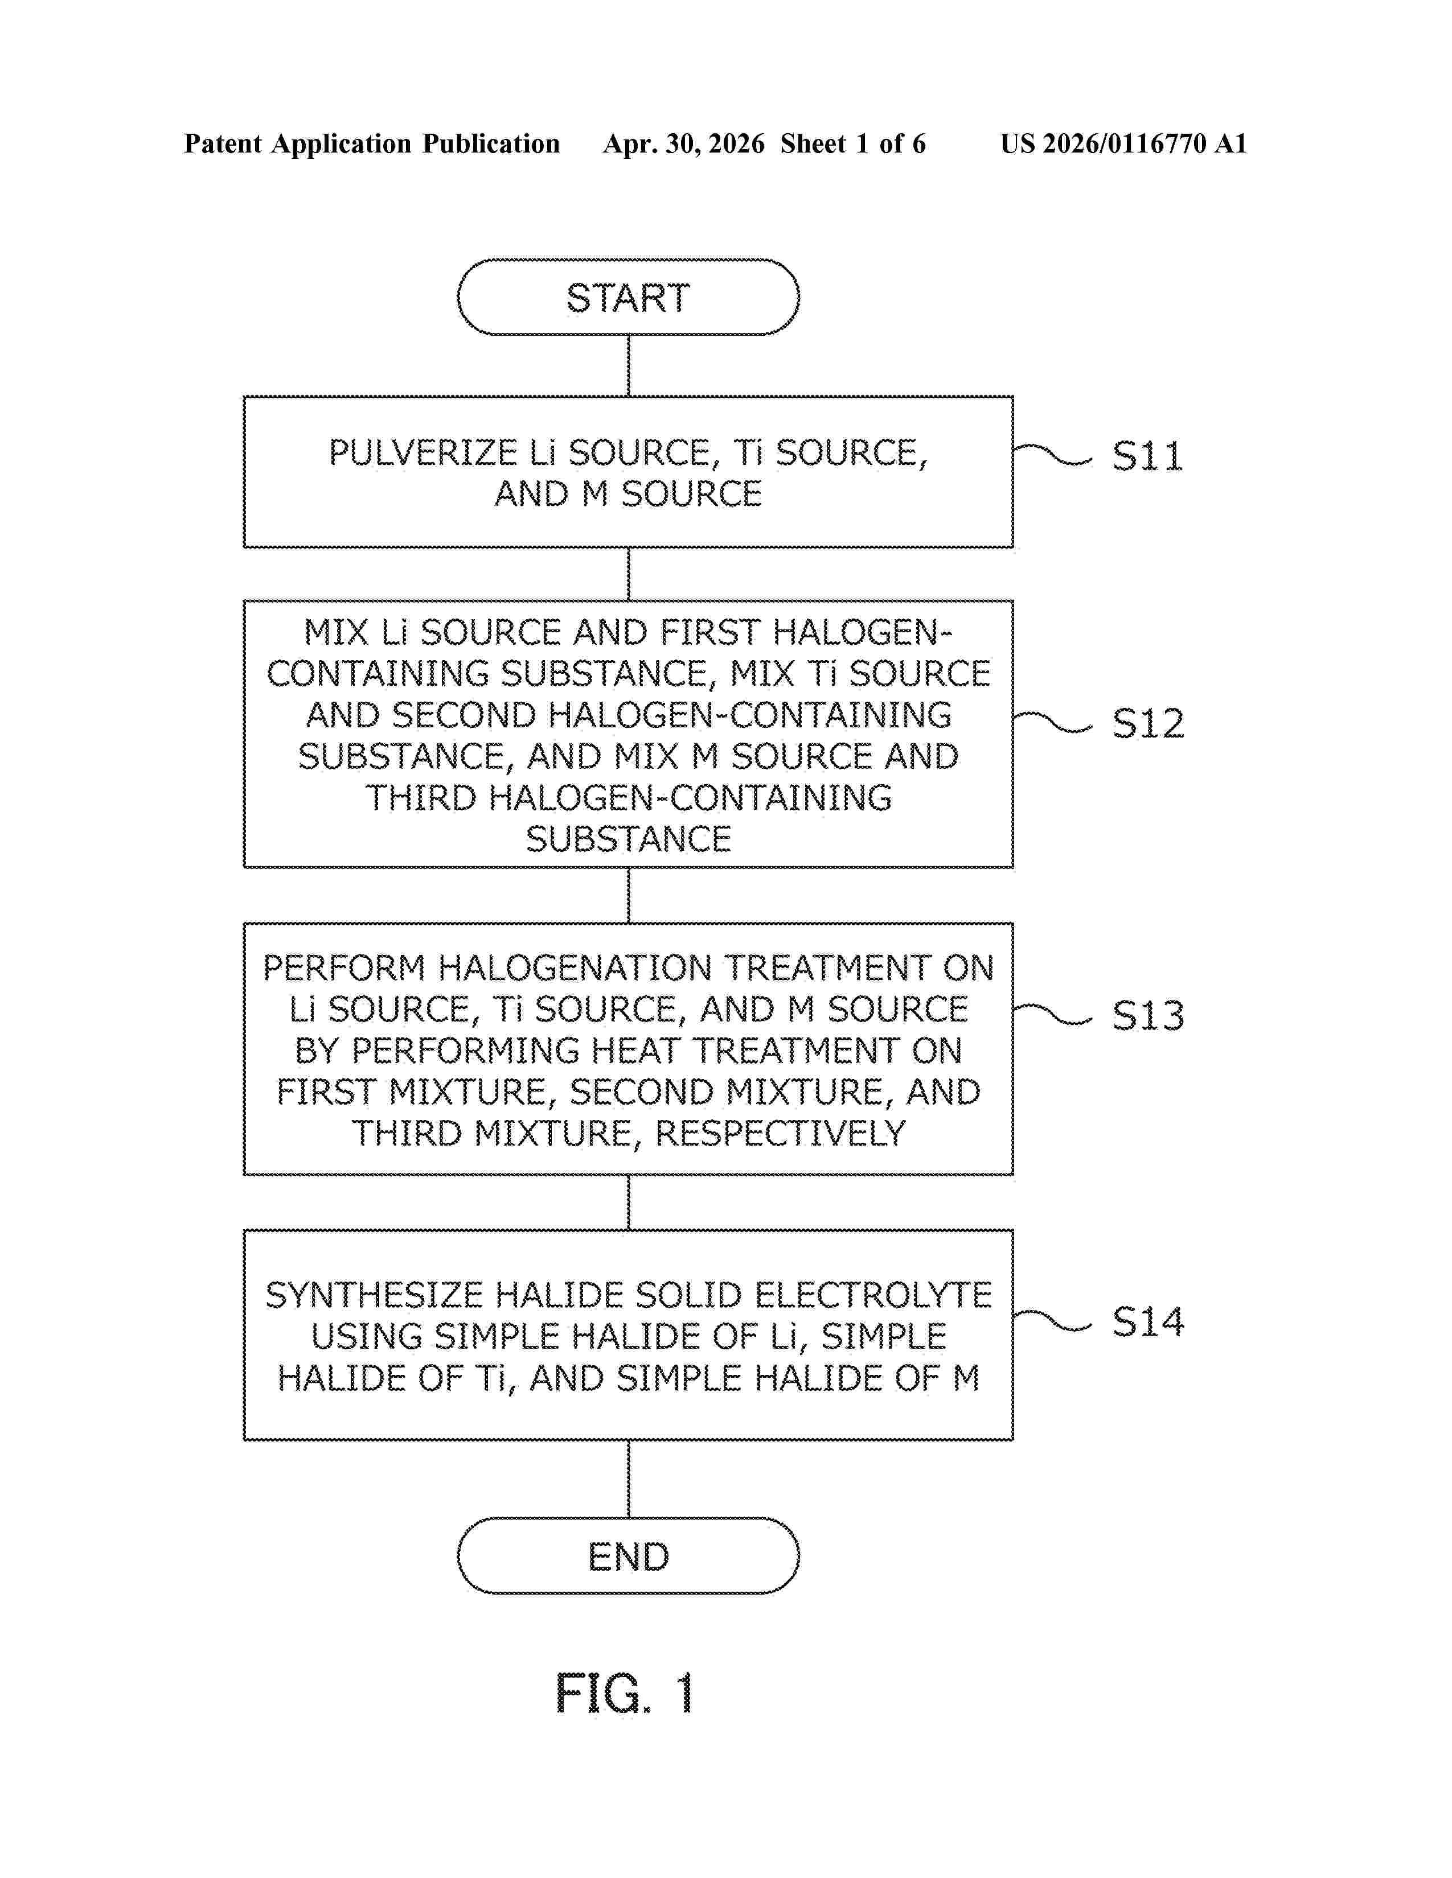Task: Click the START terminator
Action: pos(628,296)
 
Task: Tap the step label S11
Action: pos(1147,456)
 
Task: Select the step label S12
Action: pos(1147,723)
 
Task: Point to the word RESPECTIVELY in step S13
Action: pos(780,1133)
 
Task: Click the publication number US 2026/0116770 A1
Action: pos(1123,143)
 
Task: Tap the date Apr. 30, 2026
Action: pos(684,143)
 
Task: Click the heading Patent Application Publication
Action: pos(372,143)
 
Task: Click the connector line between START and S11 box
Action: pos(628,365)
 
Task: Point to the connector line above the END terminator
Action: pos(628,1479)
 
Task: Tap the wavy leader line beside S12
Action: pos(1053,722)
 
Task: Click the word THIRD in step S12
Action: pos(421,798)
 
